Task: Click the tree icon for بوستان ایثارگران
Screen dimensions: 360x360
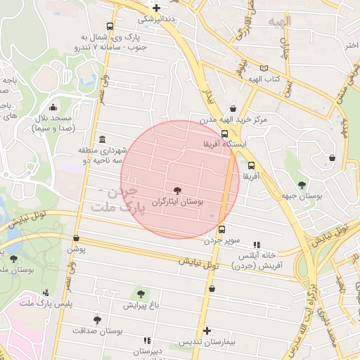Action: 176,190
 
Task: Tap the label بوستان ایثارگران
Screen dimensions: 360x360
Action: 178,202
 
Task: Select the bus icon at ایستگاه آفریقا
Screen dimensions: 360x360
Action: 224,134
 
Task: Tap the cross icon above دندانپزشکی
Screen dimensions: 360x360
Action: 157,8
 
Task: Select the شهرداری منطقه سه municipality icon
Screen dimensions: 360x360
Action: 103,139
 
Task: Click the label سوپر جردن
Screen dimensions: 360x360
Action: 223,240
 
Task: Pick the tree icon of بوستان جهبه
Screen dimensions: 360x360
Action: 302,185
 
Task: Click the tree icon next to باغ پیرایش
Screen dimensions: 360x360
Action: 141,293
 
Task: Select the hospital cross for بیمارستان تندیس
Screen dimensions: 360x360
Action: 207,330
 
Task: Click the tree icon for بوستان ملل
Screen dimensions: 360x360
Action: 14,259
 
